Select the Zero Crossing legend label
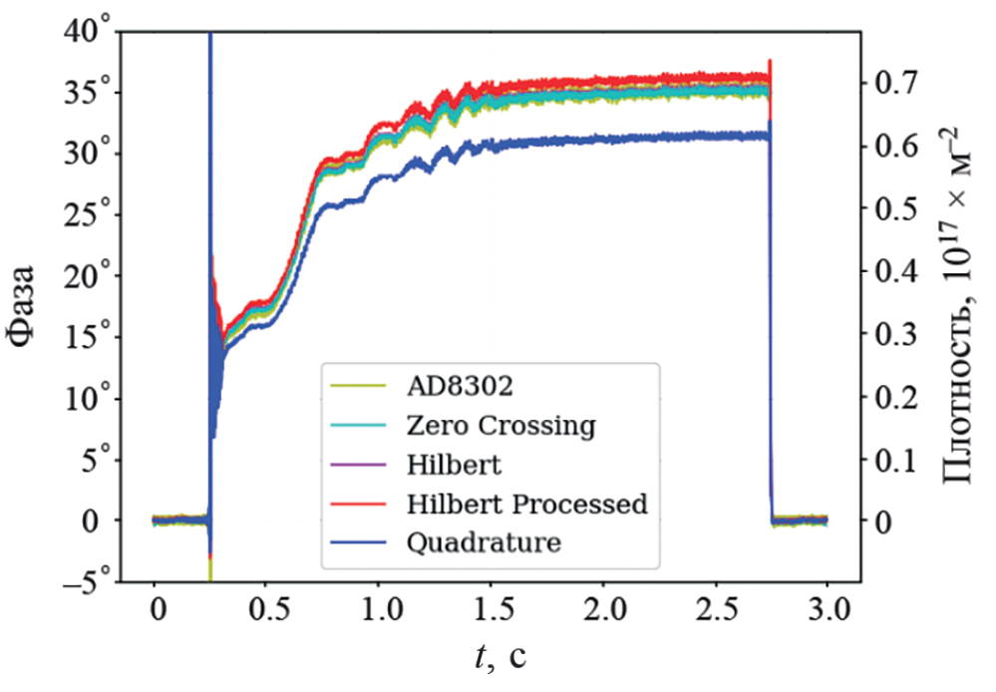(x=500, y=426)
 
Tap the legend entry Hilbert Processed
(x=527, y=504)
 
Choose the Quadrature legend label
(x=484, y=542)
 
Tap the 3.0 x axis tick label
(x=827, y=609)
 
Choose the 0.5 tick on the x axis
(x=265, y=609)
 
